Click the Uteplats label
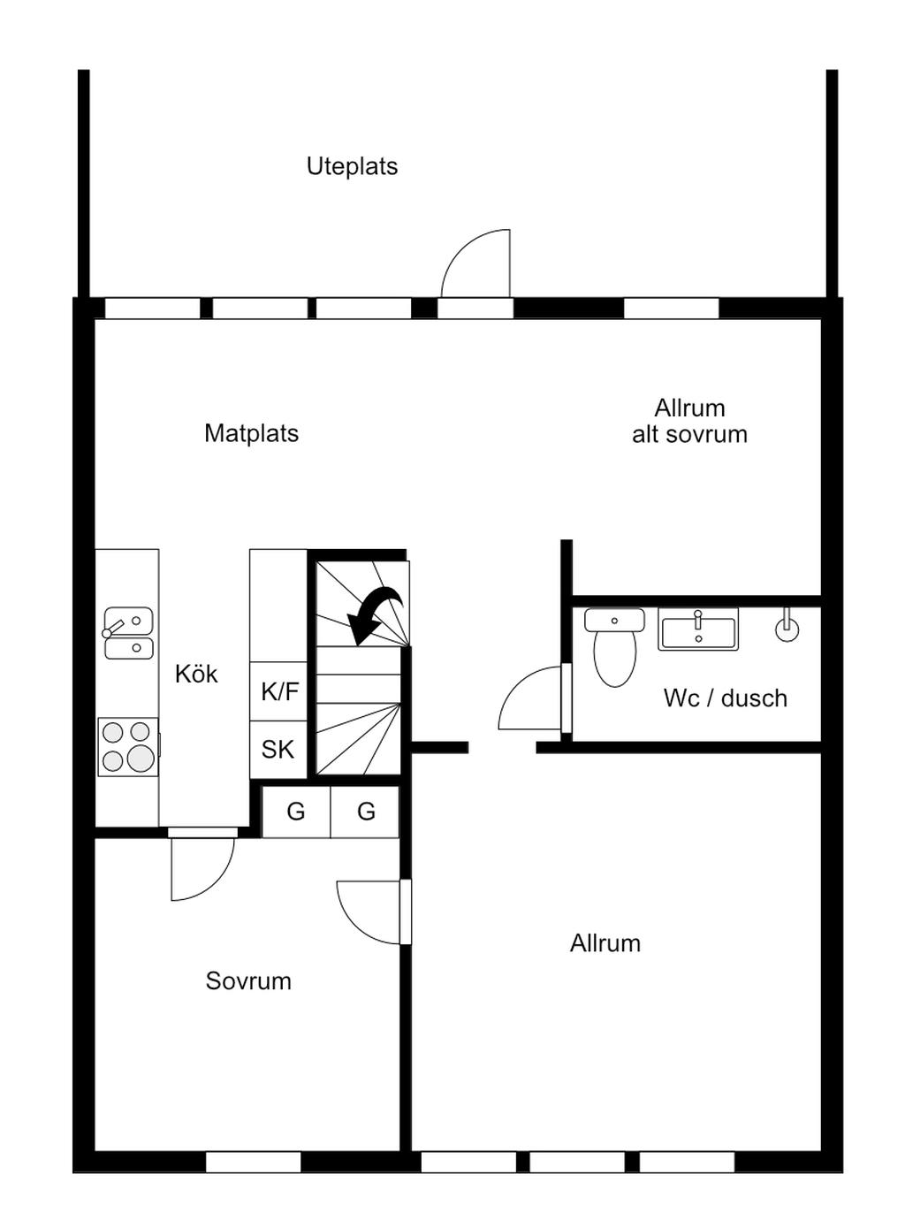[352, 166]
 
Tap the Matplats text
[251, 433]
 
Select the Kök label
[196, 674]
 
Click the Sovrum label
[248, 980]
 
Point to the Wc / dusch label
[725, 698]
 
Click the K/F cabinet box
[279, 691]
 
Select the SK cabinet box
[278, 750]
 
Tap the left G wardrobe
[296, 811]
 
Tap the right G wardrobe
[366, 811]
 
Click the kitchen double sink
[128, 633]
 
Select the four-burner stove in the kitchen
[128, 746]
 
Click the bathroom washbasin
[698, 629]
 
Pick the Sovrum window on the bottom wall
[254, 1162]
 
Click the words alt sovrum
[689, 434]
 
